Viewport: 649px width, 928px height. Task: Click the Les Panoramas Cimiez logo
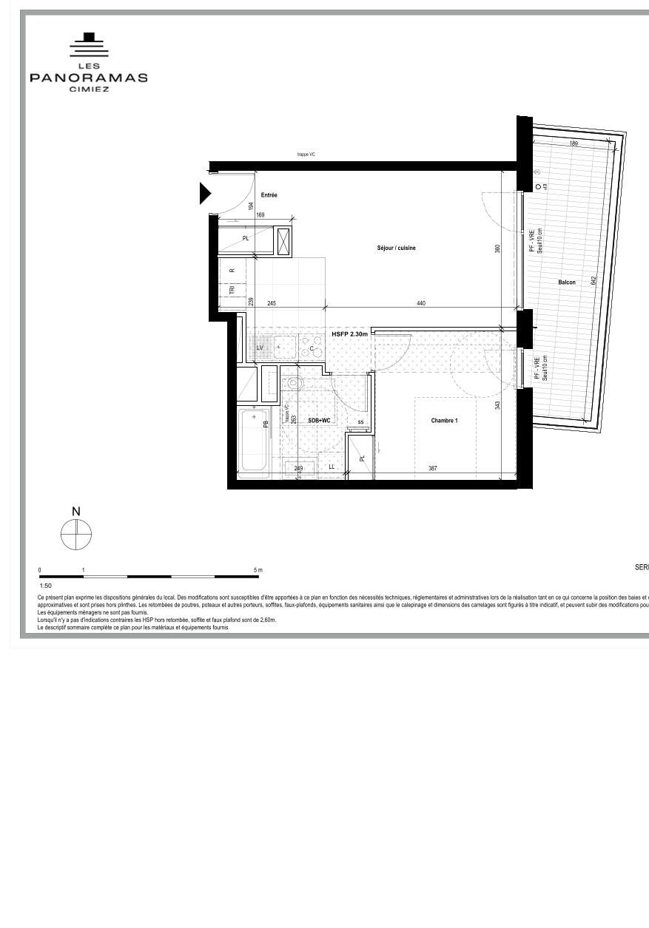click(88, 62)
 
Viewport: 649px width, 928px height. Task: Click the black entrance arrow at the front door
click(205, 194)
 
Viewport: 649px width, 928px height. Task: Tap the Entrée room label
click(269, 195)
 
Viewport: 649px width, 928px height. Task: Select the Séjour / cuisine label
click(396, 248)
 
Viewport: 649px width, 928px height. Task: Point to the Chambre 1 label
click(444, 421)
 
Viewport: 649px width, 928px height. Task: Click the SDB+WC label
click(320, 420)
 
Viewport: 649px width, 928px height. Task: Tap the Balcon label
click(567, 282)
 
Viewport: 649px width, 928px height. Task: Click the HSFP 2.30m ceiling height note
click(349, 334)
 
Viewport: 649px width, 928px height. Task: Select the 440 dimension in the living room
click(421, 303)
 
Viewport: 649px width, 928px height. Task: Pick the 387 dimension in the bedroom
click(432, 468)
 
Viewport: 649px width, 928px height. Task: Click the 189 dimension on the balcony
click(574, 143)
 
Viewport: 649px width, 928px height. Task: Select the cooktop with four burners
click(312, 347)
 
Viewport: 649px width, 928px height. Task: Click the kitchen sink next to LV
click(284, 346)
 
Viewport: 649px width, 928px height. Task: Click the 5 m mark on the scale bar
click(258, 570)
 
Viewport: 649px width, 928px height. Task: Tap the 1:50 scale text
click(46, 585)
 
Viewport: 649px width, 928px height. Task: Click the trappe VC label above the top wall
click(306, 155)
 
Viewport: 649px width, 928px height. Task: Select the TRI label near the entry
click(232, 291)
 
